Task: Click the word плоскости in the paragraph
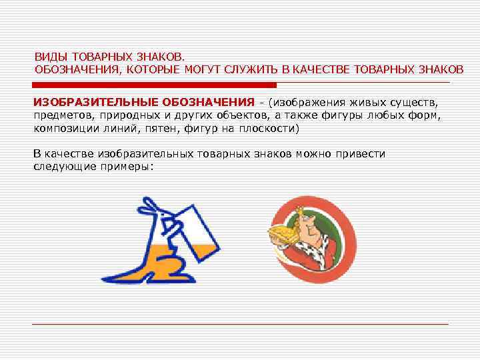pyautogui.click(x=269, y=128)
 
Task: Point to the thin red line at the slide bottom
pyautogui.click(x=240, y=324)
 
